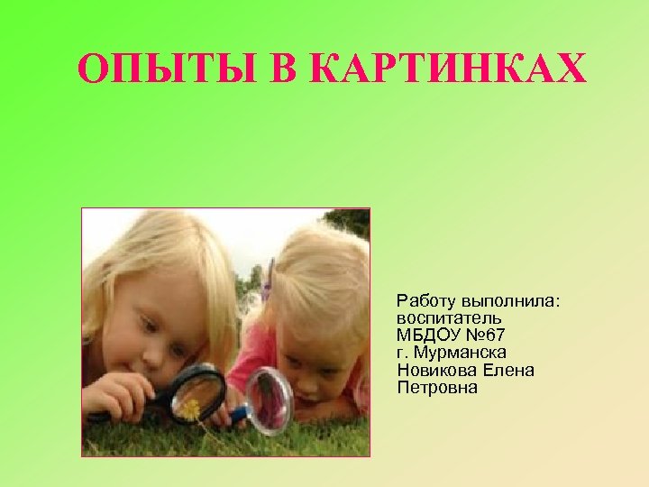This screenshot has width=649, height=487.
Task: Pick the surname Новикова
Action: coord(434,370)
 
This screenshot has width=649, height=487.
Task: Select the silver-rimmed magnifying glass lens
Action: coord(270,400)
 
